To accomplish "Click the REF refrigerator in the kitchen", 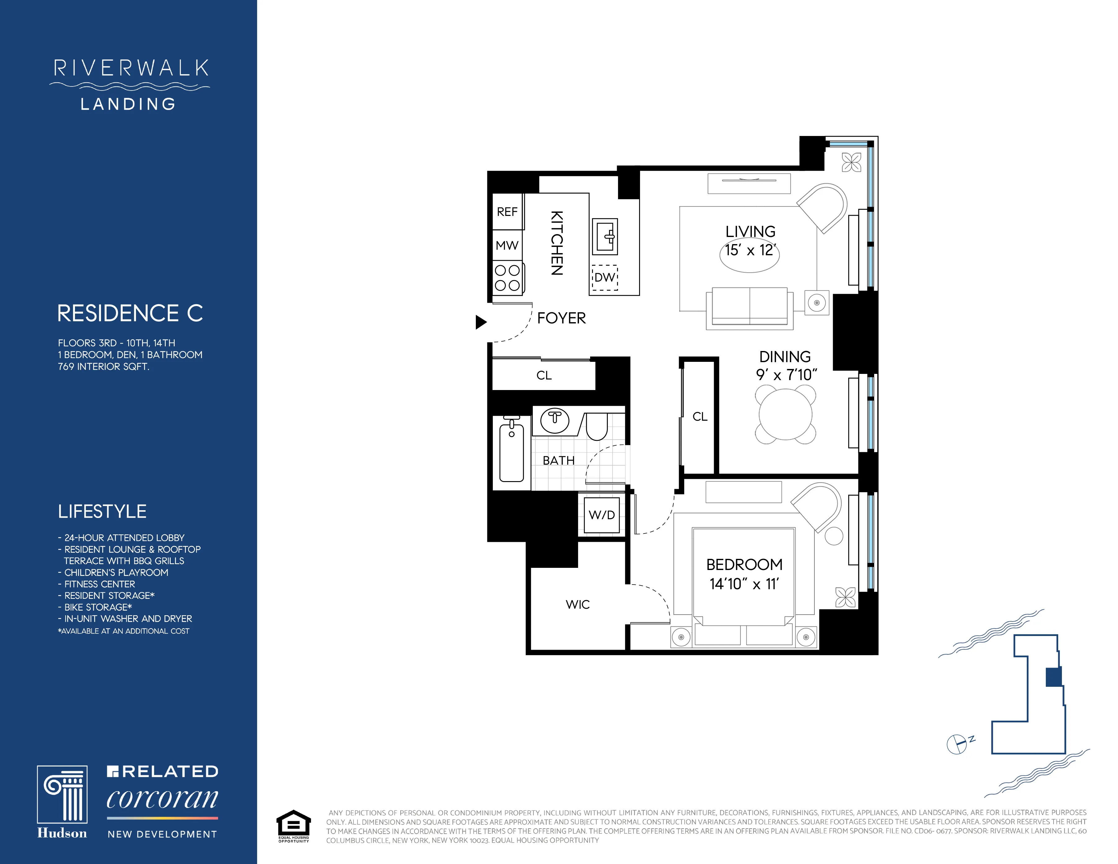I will [x=507, y=211].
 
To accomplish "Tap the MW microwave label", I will [x=507, y=246].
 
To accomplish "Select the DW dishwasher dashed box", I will [x=605, y=278].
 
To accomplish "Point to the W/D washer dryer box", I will [x=602, y=515].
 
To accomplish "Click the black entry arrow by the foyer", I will [x=481, y=322].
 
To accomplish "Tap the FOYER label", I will [x=561, y=318].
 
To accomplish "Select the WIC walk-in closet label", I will [x=577, y=604].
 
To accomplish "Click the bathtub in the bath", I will [x=511, y=453].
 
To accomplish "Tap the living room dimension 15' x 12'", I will [x=750, y=250].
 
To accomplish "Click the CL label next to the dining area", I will [x=700, y=417].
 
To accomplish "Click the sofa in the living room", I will [x=749, y=307].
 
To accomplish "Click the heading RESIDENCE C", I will [x=130, y=313].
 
